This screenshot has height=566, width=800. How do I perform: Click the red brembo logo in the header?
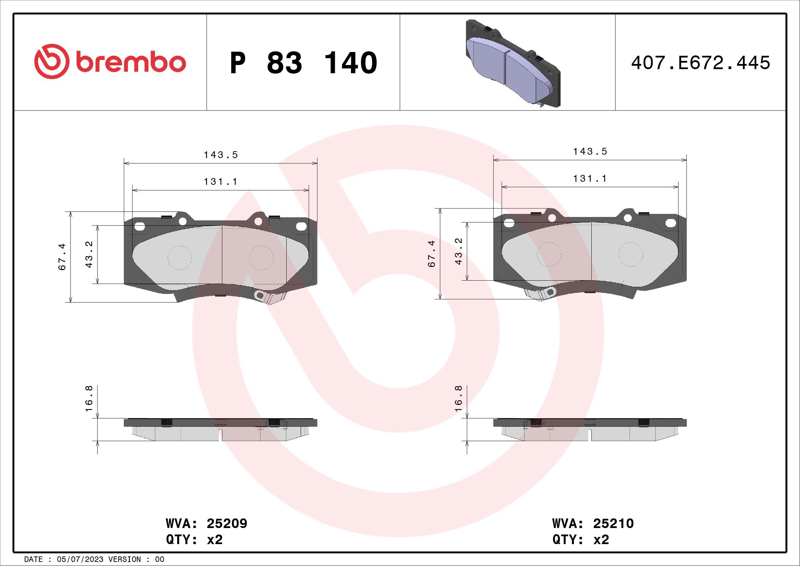click(x=110, y=62)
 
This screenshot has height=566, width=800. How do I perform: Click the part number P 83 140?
click(x=303, y=63)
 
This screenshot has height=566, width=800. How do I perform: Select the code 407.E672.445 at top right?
click(x=700, y=63)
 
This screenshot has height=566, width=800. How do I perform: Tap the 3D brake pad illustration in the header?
click(x=512, y=63)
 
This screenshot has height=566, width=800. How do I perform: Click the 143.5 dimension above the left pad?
click(x=221, y=155)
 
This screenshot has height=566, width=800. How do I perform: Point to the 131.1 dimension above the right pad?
click(x=590, y=179)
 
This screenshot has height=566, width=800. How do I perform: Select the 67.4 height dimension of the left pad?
click(x=62, y=257)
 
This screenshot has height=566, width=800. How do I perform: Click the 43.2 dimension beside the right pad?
click(x=459, y=251)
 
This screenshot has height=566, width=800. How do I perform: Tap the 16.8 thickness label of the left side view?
click(x=89, y=398)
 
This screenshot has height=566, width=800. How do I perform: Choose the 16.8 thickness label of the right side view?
click(x=459, y=398)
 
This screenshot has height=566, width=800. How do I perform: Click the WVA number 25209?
click(x=227, y=524)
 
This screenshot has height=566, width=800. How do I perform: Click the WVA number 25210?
click(x=613, y=524)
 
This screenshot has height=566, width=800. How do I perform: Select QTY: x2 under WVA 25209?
click(x=194, y=540)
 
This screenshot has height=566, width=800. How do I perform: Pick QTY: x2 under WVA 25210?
click(x=580, y=540)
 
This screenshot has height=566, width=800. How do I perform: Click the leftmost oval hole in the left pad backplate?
click(x=139, y=227)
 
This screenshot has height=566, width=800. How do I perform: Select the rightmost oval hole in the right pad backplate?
click(x=671, y=223)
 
